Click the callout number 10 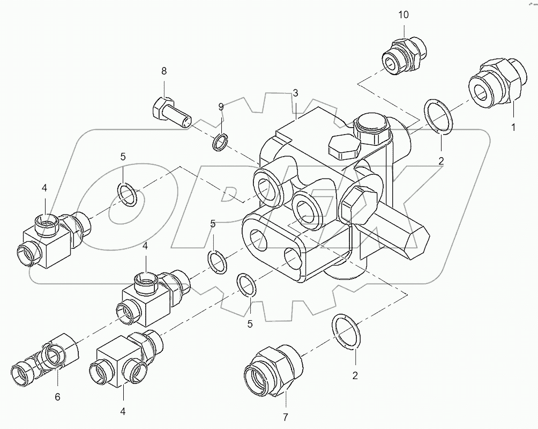pyautogui.click(x=403, y=15)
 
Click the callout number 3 pyautogui.click(x=295, y=94)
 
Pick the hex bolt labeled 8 pyautogui.click(x=170, y=113)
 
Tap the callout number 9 pyautogui.click(x=220, y=107)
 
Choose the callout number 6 pyautogui.click(x=57, y=397)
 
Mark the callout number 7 pyautogui.click(x=285, y=417)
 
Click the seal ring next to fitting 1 pyautogui.click(x=438, y=115)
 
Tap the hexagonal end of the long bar pyautogui.click(x=416, y=240)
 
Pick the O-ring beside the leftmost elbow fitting pyautogui.click(x=128, y=194)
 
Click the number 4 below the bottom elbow pyautogui.click(x=123, y=412)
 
